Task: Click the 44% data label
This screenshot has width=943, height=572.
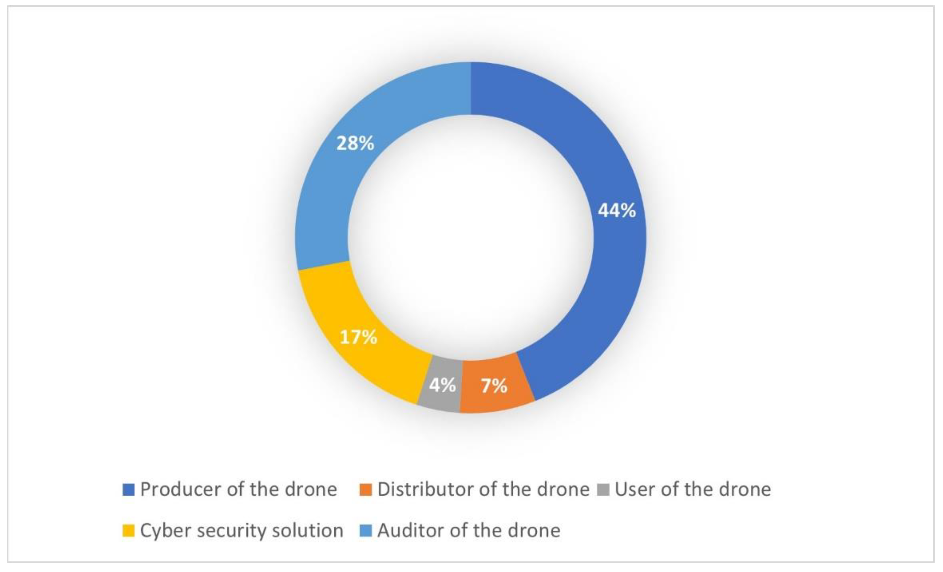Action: [x=617, y=210]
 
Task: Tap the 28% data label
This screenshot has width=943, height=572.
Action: [x=355, y=143]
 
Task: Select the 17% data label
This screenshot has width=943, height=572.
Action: [x=358, y=337]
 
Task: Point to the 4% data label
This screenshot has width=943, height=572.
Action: [x=442, y=385]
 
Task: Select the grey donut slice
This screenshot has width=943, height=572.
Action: [x=440, y=398]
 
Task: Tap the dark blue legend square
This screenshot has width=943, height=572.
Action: [x=128, y=490]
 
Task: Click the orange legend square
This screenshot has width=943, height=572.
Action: [x=366, y=490]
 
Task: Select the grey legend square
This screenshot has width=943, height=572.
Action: [x=603, y=490]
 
